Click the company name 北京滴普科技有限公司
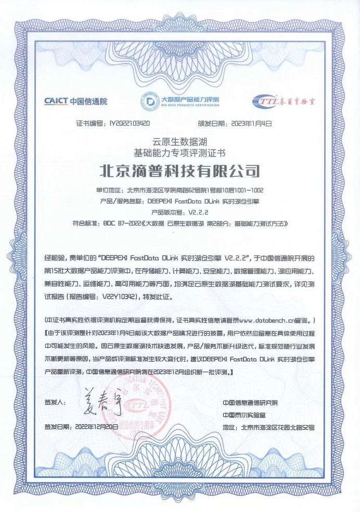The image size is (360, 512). [x=179, y=170]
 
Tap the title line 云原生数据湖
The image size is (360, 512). [x=179, y=141]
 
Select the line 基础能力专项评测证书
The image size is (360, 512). [x=179, y=152]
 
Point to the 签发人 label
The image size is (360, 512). [x=56, y=402]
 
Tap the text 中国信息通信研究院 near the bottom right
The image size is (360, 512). [x=250, y=402]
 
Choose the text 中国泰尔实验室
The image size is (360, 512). [x=243, y=414]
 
